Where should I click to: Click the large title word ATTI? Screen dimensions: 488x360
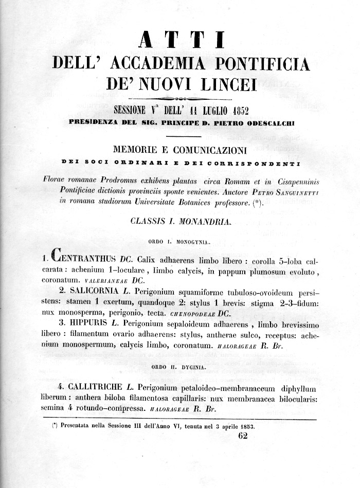(x=180, y=41)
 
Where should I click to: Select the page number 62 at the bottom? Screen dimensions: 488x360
(x=243, y=436)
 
